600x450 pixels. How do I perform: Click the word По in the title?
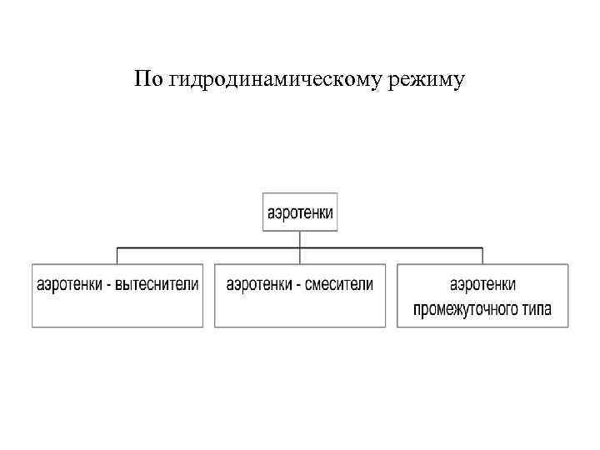pos(147,80)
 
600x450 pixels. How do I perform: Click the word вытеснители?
pos(158,284)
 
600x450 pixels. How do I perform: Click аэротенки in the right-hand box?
pos(483,284)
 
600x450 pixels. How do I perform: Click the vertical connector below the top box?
pos(300,238)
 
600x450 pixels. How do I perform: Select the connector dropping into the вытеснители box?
pos(117,255)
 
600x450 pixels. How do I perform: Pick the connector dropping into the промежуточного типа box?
pos(482,255)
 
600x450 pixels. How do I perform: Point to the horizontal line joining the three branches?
pos(208,247)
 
